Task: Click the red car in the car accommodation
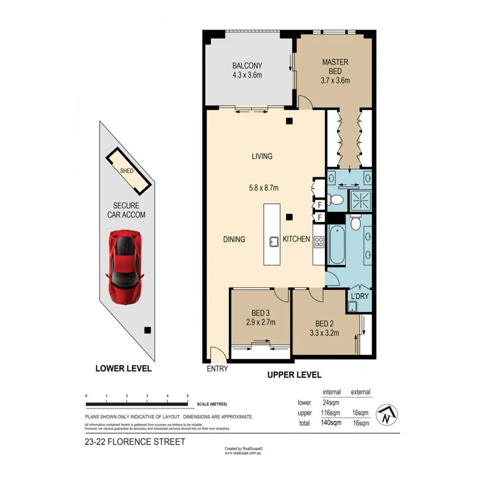click(x=125, y=266)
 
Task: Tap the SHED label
click(x=127, y=171)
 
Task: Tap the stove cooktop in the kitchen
click(x=318, y=241)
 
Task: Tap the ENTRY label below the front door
click(x=217, y=369)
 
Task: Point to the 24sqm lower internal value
click(x=330, y=402)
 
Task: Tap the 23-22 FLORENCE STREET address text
click(x=135, y=442)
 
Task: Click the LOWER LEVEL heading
click(x=123, y=368)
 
